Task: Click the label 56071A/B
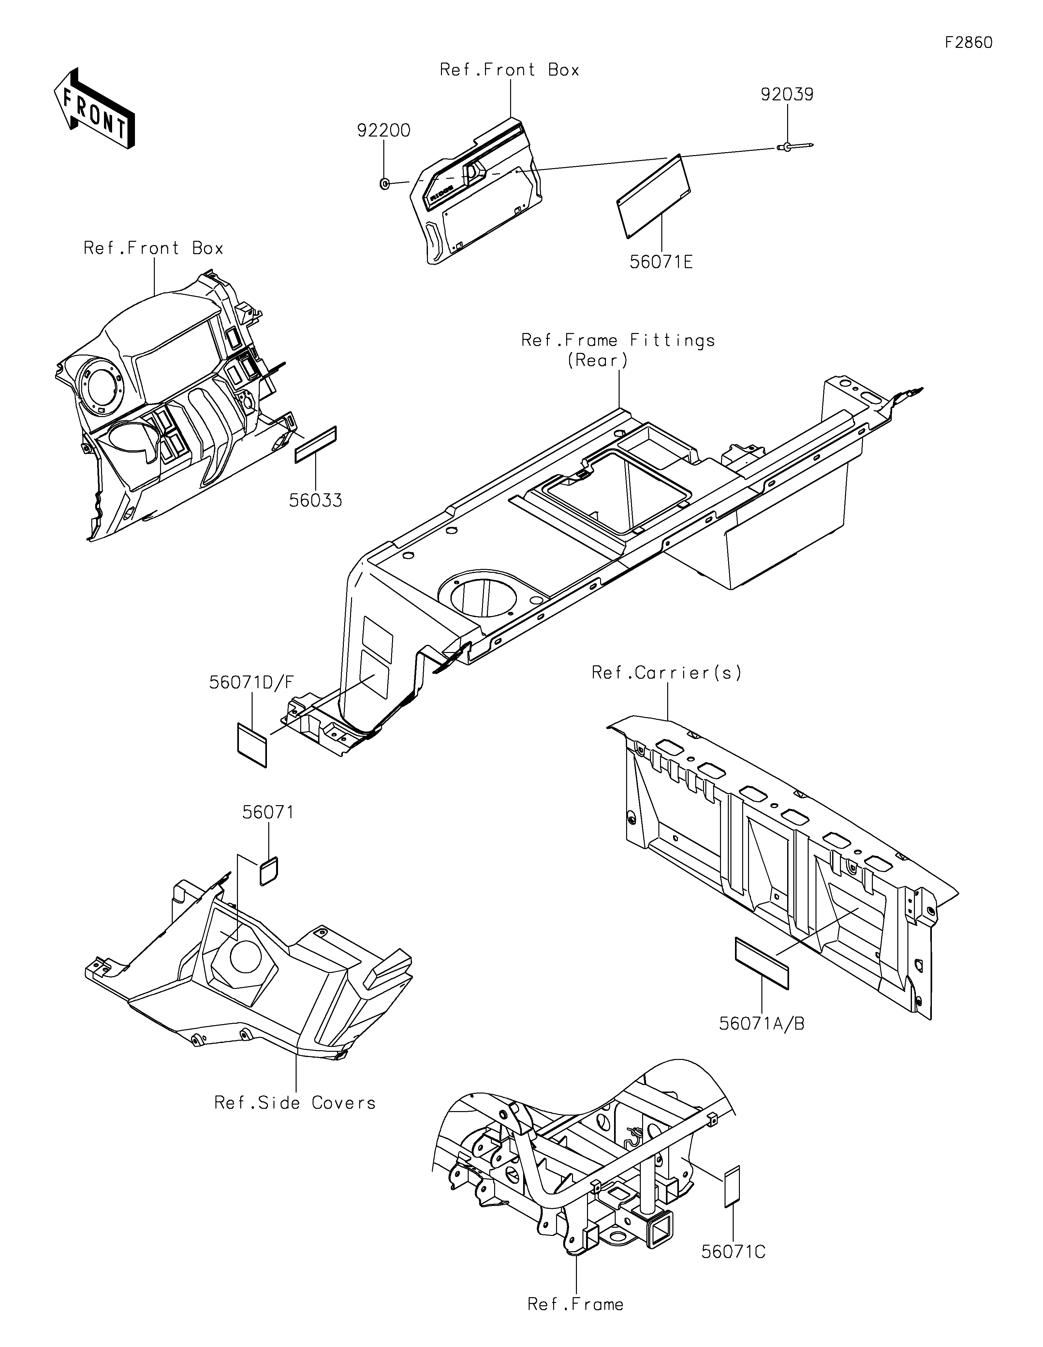click(762, 1024)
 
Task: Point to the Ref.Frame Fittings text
click(618, 340)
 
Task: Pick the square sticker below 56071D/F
click(252, 745)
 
